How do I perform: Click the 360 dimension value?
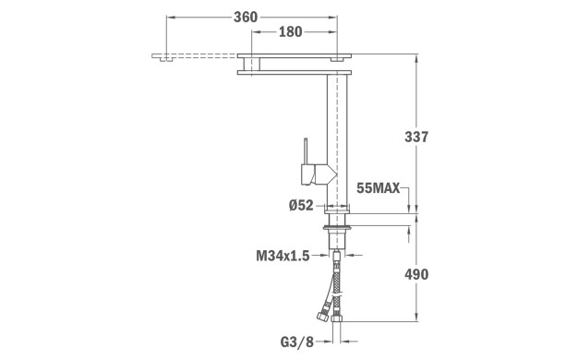pos(246,17)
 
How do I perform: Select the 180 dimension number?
pos(291,32)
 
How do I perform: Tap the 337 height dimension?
pos(416,137)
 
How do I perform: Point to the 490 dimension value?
pos(416,274)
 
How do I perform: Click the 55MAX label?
pos(379,188)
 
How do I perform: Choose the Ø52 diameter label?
pos(301,205)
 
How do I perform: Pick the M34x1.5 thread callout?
pos(283,256)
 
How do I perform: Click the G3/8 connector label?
pos(296,342)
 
